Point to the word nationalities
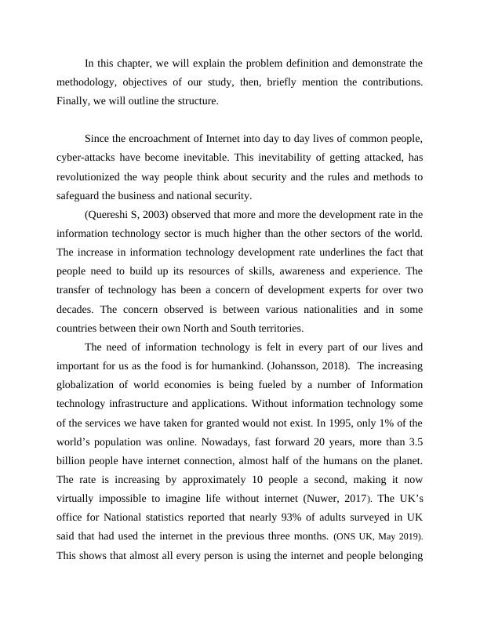(313, 309)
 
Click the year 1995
(323, 423)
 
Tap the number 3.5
(414, 441)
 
